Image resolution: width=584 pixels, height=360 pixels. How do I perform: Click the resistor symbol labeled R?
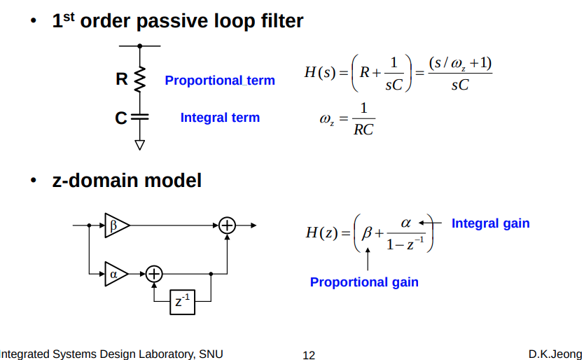pos(139,79)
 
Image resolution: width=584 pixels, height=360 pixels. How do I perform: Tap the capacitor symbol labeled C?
pos(139,117)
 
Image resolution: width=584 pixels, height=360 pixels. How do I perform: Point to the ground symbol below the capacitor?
pos(139,144)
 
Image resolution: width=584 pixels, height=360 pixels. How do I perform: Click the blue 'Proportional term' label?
pos(220,81)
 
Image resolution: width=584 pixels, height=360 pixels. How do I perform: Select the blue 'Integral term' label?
pos(220,118)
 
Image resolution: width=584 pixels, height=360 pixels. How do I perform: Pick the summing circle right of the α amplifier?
pos(153,273)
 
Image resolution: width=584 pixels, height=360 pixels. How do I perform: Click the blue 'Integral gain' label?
pos(490,223)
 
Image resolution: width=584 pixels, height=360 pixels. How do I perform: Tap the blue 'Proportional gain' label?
pos(364,282)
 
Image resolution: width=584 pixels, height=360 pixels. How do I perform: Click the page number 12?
pos(309,354)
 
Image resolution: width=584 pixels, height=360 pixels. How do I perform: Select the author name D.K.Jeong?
pos(555,354)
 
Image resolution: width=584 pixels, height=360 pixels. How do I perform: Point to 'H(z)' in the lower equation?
pos(322,233)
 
